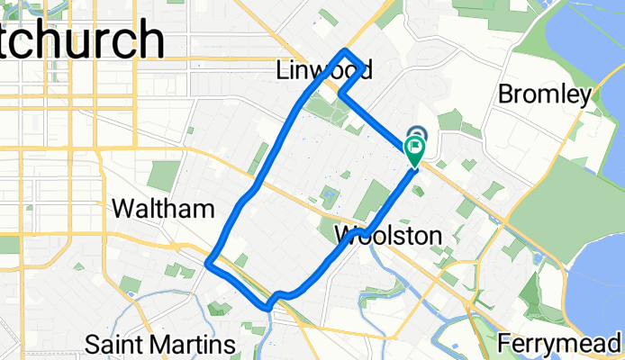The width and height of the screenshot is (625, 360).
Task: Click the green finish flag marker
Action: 415,152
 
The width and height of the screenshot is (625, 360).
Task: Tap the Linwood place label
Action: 323,69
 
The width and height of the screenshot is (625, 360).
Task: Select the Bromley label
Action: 545,94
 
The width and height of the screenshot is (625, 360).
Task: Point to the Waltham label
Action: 163,210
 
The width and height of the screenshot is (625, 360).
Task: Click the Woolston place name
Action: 387,236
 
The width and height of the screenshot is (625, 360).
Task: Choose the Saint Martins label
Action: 159,344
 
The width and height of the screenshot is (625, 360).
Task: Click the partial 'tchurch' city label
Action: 81,40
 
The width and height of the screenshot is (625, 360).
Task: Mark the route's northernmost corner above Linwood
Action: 347,49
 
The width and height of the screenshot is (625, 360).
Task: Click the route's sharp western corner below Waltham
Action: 208,264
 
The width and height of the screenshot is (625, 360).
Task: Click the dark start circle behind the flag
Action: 417,134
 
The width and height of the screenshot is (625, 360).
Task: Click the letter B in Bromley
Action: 505,94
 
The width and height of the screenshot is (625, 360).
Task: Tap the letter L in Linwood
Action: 281,69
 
